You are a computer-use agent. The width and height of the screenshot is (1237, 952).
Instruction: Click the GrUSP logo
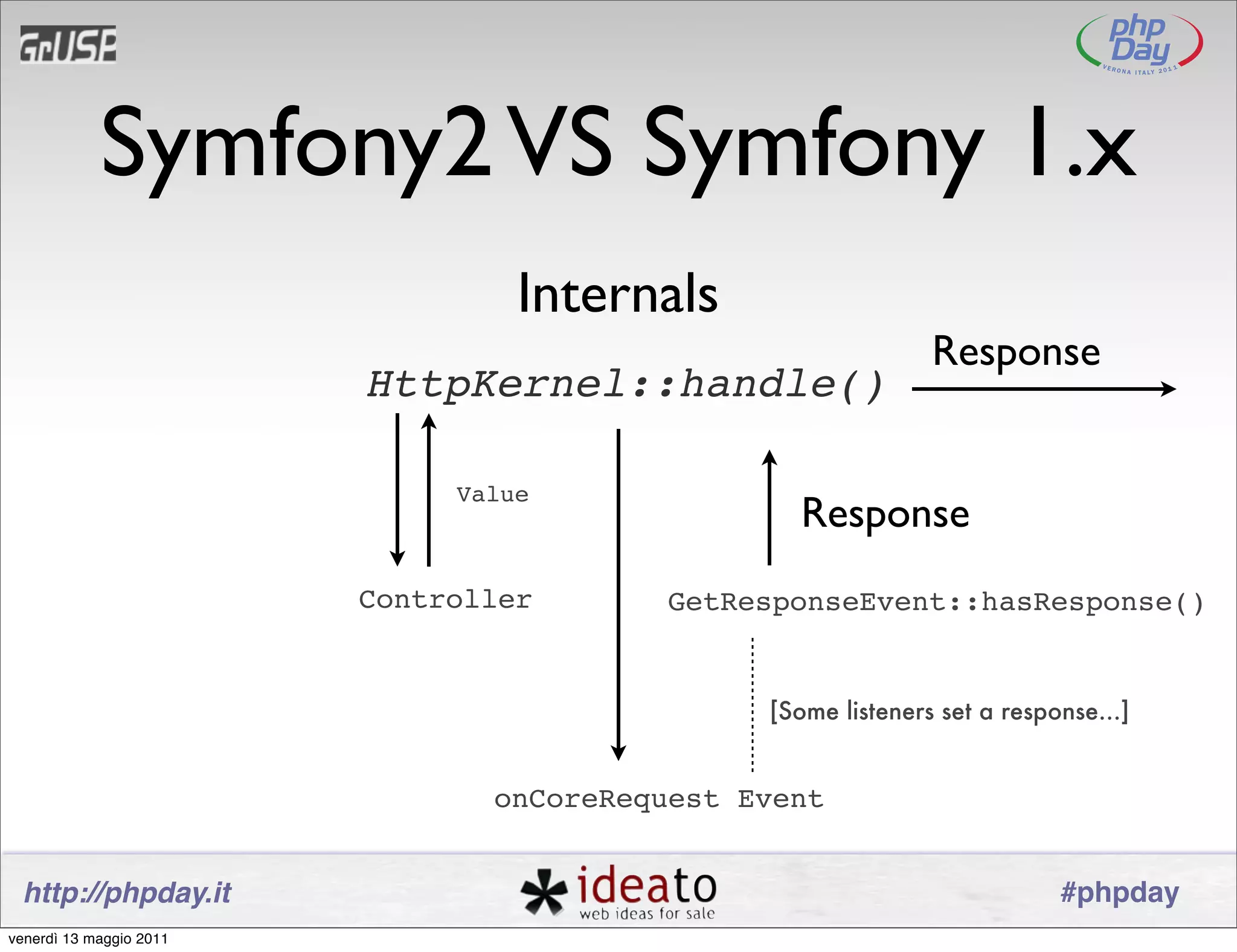(x=68, y=44)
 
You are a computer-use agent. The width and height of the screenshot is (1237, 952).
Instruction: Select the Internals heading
(x=618, y=294)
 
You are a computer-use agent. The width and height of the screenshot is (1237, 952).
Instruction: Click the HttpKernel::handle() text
(x=626, y=384)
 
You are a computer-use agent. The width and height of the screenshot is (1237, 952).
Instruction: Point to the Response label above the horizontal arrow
(x=1016, y=352)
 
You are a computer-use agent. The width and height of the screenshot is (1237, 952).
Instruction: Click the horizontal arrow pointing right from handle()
(x=1043, y=389)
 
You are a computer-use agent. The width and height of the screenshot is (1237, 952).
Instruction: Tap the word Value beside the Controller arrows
(x=492, y=495)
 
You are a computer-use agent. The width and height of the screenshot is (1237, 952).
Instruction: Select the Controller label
(x=445, y=600)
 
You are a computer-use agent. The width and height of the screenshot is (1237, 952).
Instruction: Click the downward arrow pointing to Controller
(x=397, y=489)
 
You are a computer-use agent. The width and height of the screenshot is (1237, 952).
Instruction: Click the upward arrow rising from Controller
(x=429, y=489)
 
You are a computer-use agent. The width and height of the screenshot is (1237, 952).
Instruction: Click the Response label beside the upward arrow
(x=885, y=513)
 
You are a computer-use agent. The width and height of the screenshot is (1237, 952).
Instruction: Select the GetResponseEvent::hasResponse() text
(x=936, y=602)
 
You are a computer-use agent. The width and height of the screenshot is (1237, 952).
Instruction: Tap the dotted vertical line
(x=753, y=704)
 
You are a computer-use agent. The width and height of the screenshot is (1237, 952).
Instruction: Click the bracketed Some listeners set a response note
(x=949, y=712)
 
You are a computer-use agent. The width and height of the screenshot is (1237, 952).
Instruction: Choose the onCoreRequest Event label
(x=658, y=799)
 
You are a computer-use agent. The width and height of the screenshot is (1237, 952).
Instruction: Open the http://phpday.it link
(x=127, y=893)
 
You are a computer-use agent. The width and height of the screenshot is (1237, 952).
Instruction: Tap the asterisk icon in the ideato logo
(x=544, y=892)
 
